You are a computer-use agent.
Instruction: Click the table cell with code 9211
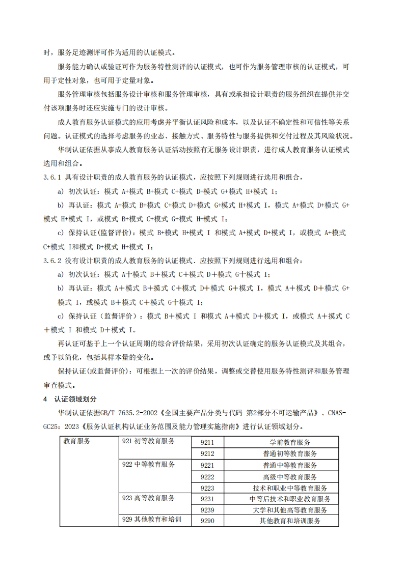click(207, 442)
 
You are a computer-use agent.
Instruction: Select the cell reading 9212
click(207, 453)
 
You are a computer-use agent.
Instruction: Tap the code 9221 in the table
click(207, 465)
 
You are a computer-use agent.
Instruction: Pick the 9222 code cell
click(207, 477)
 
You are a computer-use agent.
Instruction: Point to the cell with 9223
click(207, 488)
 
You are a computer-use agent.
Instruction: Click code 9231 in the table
click(207, 499)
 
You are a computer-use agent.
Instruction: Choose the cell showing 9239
click(207, 510)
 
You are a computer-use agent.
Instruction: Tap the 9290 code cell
click(207, 521)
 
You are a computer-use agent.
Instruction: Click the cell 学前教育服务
click(289, 442)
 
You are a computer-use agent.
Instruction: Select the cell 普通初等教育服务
click(289, 453)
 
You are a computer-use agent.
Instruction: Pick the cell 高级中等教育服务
click(289, 477)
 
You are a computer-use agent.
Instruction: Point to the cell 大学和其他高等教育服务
click(289, 510)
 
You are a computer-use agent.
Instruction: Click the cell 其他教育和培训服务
click(289, 521)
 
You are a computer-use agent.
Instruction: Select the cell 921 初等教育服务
click(149, 441)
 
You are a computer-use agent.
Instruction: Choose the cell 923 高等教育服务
click(149, 498)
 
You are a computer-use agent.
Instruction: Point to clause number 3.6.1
click(52, 177)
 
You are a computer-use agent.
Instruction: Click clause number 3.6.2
click(52, 261)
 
